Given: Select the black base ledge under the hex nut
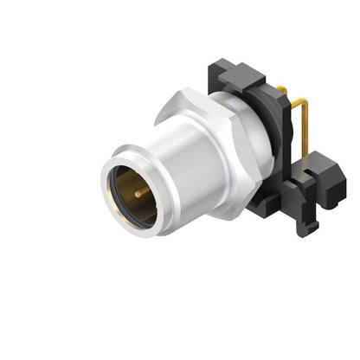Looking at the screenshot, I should [263, 202].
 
